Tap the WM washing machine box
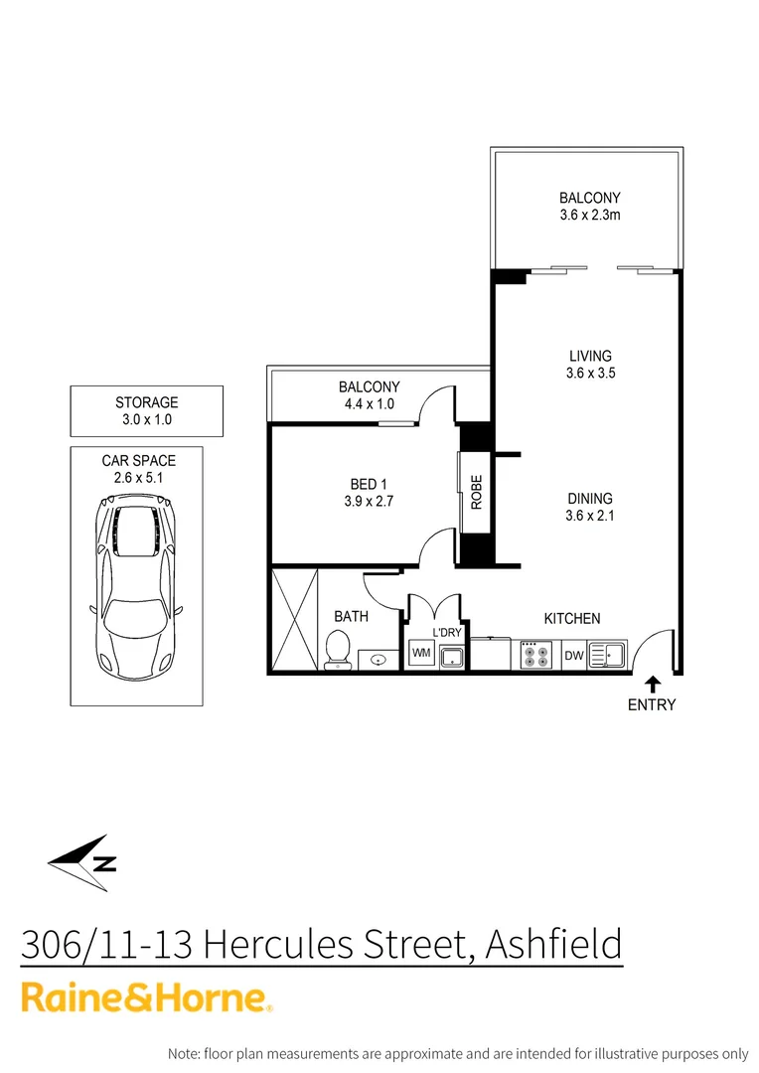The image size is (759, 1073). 421,654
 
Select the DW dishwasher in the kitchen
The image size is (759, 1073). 573,655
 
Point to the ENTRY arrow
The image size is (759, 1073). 653,683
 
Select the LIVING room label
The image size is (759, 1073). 590,356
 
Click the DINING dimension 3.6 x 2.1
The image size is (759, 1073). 590,516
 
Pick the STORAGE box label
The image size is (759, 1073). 147,402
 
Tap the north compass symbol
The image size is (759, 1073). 83,857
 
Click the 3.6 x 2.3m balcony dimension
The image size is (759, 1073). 590,215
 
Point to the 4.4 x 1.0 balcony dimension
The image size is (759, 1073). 369,404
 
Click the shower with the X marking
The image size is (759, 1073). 293,619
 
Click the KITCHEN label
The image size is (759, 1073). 572,618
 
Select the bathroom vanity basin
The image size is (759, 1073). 378,657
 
